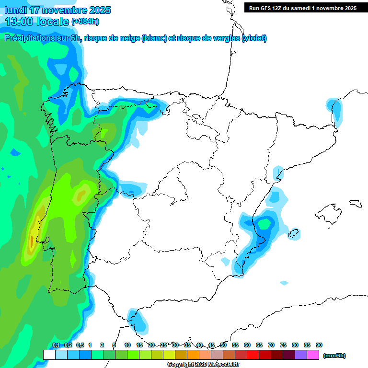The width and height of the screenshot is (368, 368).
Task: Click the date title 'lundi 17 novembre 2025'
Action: (58, 10)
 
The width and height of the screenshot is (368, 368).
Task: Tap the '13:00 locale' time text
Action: (37, 22)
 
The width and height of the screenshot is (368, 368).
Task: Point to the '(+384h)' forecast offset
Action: (85, 22)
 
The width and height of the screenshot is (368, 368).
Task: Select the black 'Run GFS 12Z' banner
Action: (302, 8)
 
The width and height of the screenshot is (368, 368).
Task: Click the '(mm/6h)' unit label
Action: (334, 356)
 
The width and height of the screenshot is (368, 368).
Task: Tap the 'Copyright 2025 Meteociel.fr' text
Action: (204, 365)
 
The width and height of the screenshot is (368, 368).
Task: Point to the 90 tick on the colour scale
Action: (319, 345)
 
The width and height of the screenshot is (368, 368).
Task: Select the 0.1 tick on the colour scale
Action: (56, 345)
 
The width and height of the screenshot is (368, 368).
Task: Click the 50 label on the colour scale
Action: (223, 345)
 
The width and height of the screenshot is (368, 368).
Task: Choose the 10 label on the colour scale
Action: (127, 345)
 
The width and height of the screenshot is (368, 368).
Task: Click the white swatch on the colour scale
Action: (49, 355)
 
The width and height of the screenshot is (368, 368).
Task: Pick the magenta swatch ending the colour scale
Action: (313, 355)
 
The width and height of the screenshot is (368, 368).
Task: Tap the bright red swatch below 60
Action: (253, 355)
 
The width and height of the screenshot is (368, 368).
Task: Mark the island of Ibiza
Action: (294, 233)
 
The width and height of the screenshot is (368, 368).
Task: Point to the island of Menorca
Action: (355, 203)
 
